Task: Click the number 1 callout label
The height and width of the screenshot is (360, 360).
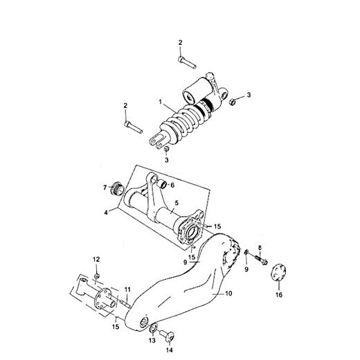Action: click(x=161, y=102)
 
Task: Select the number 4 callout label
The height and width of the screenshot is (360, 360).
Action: click(x=107, y=213)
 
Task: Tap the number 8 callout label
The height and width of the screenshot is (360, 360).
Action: click(x=260, y=247)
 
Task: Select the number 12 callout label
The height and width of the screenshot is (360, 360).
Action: click(x=96, y=259)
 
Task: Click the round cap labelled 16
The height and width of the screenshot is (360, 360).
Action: click(x=278, y=271)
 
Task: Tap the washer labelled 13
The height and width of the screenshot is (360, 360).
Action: click(x=154, y=327)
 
